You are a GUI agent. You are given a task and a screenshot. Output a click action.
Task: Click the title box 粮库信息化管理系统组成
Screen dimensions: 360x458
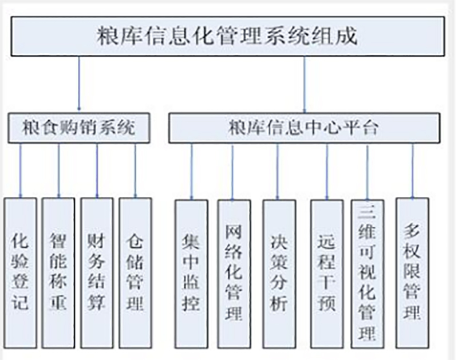[x=227, y=36]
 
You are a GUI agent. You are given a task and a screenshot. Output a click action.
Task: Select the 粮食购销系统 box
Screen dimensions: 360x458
[x=79, y=127]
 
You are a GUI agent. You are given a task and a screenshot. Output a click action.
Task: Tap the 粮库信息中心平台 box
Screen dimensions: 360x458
[x=303, y=128]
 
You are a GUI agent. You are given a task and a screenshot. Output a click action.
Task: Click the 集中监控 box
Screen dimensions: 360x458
[x=191, y=274]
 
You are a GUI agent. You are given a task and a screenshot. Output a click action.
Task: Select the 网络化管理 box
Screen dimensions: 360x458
[x=234, y=274]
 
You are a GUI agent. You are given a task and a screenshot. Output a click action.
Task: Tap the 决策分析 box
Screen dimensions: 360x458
[x=279, y=274]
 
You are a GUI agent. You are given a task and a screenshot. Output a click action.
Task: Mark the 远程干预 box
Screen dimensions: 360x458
[x=326, y=274]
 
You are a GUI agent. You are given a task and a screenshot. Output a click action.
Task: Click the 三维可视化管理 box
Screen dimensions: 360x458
[x=367, y=274]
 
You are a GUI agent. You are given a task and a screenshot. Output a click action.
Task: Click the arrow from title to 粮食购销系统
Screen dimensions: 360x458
[x=79, y=83]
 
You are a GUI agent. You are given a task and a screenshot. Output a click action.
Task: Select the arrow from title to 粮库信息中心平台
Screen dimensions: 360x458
[x=304, y=83]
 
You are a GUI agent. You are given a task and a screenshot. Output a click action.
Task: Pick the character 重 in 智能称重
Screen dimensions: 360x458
[x=58, y=302]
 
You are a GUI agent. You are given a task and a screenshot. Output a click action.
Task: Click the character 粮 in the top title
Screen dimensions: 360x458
[x=109, y=36]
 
